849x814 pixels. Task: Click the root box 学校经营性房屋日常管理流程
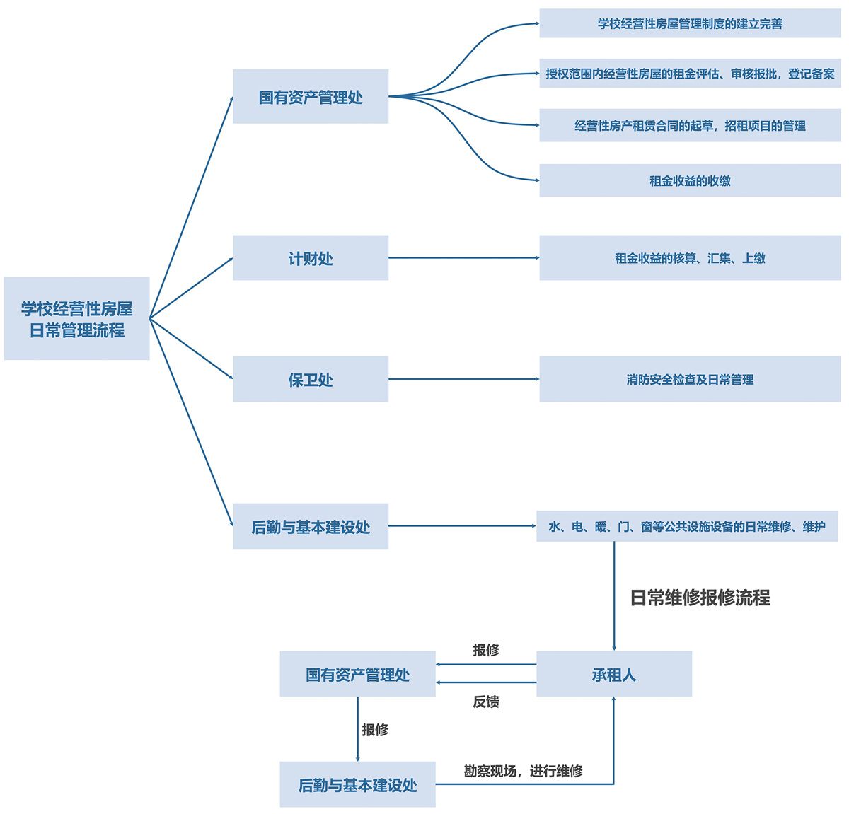point(76,319)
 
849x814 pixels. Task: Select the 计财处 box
point(310,258)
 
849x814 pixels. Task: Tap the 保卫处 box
point(310,380)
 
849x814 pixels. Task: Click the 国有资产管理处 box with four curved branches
point(310,97)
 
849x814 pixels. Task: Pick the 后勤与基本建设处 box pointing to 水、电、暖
point(310,526)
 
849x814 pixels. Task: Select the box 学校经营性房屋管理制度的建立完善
point(690,24)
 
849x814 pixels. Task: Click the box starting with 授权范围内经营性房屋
point(690,74)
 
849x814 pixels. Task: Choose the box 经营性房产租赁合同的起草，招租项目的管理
point(690,126)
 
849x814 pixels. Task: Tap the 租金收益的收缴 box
point(690,180)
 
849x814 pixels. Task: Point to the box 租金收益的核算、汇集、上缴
point(690,258)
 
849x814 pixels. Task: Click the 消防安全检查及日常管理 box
point(690,380)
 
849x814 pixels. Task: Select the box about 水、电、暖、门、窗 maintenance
point(686,526)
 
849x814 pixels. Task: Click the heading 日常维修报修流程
point(700,598)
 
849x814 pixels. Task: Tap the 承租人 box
point(613,675)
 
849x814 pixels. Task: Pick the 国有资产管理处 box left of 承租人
point(357,675)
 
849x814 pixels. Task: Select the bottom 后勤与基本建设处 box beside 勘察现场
point(357,785)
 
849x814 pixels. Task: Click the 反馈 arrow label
point(486,702)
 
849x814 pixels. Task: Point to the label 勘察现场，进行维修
point(523,771)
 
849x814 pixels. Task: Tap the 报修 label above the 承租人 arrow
point(486,650)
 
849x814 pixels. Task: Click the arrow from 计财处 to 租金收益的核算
point(463,258)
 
